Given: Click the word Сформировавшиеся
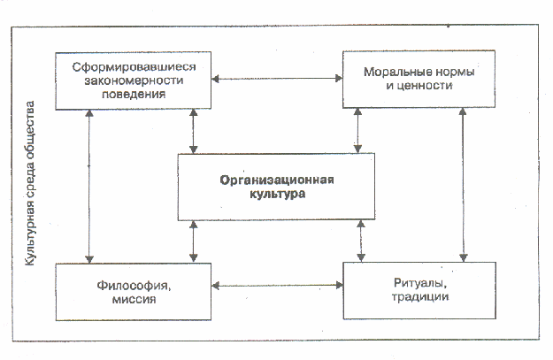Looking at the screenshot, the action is (x=134, y=66).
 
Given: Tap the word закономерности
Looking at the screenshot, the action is (x=134, y=80).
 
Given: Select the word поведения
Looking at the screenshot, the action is (x=134, y=94).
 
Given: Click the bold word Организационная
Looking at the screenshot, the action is (x=277, y=180).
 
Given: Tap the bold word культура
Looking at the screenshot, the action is (x=277, y=195).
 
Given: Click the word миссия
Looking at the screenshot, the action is (x=134, y=299).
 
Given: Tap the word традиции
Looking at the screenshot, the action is (x=420, y=297).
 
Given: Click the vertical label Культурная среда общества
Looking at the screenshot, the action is (x=29, y=183).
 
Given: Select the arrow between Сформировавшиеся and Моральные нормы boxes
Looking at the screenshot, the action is (x=277, y=79).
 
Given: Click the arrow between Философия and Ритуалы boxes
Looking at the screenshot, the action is (x=277, y=285).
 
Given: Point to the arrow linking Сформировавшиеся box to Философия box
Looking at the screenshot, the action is (x=89, y=186).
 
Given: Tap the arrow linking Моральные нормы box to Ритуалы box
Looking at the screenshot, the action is (x=463, y=185).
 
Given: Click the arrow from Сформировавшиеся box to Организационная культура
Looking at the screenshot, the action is (x=193, y=131).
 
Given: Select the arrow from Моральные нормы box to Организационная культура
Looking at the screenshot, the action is (x=357, y=130).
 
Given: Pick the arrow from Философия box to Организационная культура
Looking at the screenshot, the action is (x=193, y=241).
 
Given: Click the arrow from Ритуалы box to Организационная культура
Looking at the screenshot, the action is (x=361, y=241).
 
